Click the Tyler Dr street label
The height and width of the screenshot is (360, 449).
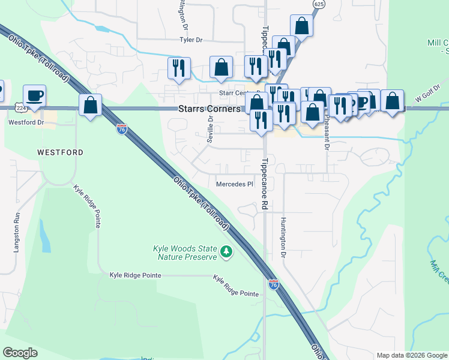[x=191, y=40]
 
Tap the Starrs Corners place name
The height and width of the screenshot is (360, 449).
[x=209, y=109]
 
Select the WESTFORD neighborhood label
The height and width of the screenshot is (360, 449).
[x=60, y=152]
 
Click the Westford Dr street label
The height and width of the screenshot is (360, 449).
[x=26, y=122]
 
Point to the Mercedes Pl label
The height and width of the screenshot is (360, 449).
[x=234, y=184]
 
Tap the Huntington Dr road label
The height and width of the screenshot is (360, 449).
[x=282, y=238]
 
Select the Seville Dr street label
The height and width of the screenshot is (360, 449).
[x=211, y=127]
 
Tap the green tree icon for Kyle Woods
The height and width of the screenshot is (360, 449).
[x=226, y=252]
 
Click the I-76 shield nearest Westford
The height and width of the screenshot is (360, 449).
[x=122, y=130]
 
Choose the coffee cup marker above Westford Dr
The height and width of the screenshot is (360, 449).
[x=34, y=95]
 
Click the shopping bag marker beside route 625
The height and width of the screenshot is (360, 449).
[x=301, y=26]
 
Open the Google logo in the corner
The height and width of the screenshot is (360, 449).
[x=20, y=353]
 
